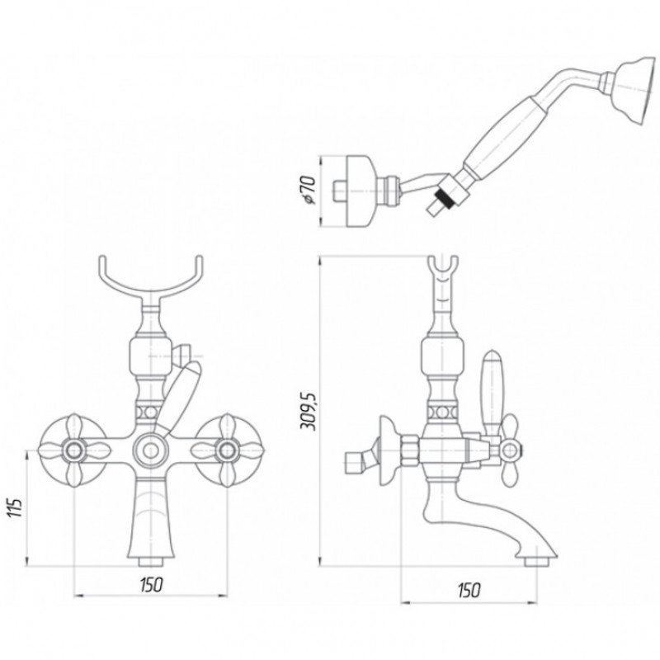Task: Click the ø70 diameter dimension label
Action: click(x=309, y=191)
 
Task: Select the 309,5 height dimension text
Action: click(x=309, y=411)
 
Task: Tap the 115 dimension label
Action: click(x=15, y=507)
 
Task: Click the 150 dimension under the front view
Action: click(x=151, y=585)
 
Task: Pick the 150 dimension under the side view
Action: click(x=469, y=591)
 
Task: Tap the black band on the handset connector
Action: click(x=446, y=198)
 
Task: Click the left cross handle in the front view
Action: click(x=74, y=450)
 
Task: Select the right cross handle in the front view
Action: click(x=228, y=450)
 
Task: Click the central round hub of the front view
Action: click(x=150, y=450)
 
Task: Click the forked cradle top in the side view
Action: click(x=443, y=274)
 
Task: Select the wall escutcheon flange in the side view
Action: click(x=388, y=450)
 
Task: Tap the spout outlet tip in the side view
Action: click(x=537, y=562)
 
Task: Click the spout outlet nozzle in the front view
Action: click(x=151, y=562)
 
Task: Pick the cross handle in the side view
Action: click(x=509, y=450)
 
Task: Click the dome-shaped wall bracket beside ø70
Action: click(x=359, y=191)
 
